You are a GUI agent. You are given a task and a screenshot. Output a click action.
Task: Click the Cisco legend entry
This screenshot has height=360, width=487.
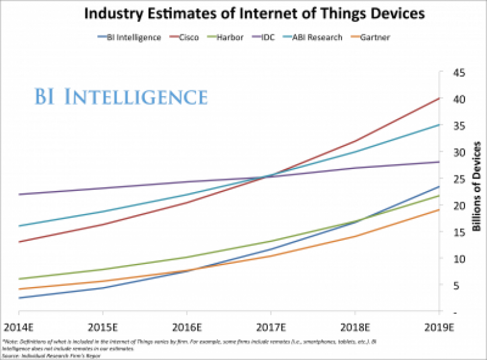coord(186,37)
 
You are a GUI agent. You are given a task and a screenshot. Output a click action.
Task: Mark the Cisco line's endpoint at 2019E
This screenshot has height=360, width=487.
coord(439,99)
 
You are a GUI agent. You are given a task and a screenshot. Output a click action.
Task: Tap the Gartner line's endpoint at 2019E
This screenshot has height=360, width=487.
coord(439,210)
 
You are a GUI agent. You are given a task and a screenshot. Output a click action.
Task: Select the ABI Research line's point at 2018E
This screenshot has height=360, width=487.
coord(355,152)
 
